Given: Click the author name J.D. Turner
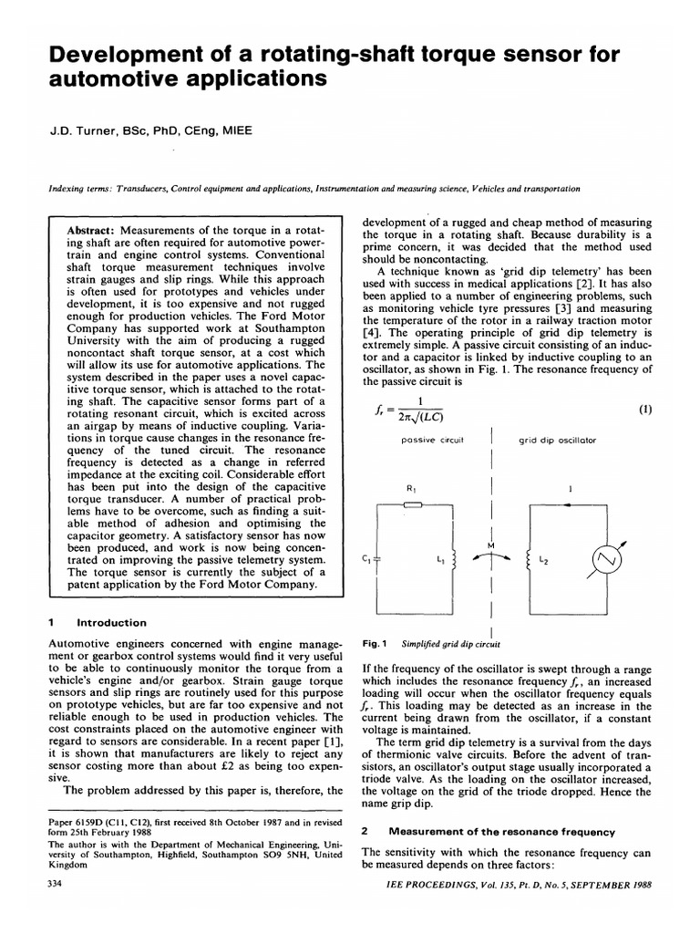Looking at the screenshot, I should pos(83,131).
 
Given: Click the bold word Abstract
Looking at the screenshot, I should pos(90,232).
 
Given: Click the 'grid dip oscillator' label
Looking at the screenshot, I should pos(558,440).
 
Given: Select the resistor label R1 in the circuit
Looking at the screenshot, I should pos(410,488).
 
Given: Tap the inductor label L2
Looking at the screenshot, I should pos(545,558).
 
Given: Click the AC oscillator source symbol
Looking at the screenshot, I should pos(609,556).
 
